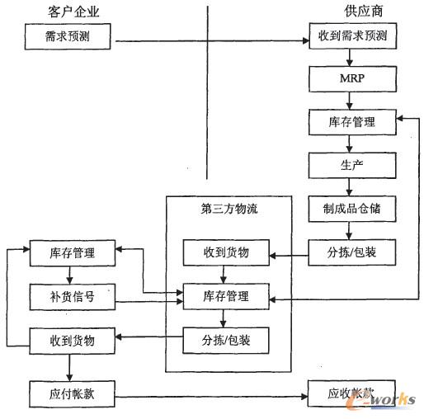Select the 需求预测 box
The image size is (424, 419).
[67, 37]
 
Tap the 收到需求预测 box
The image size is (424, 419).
[352, 37]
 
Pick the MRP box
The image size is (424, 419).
[352, 80]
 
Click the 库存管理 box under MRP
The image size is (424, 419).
[352, 121]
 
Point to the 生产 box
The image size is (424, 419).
[352, 164]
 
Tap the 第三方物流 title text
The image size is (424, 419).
[229, 209]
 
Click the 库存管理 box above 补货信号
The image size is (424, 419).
[72, 252]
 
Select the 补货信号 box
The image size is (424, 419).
[72, 296]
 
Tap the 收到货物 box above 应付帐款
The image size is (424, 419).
[72, 339]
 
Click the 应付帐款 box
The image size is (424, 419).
[72, 392]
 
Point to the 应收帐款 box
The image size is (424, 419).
[352, 392]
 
